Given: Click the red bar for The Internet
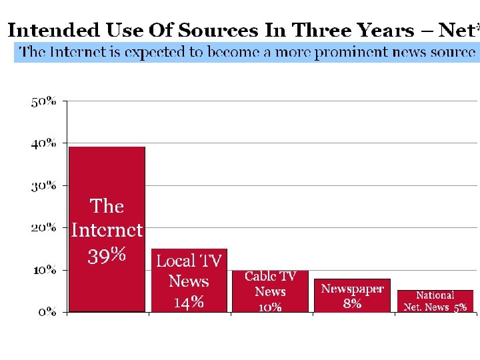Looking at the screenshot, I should pos(107,173).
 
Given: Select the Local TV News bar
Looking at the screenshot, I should pos(189,280).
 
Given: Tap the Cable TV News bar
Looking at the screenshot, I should pos(270,291).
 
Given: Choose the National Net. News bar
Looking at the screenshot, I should pos(435,301).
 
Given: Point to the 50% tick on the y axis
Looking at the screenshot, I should pos(43,101).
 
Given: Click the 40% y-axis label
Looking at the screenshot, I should pos(43,143).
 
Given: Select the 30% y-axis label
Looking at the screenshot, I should pos(43,185).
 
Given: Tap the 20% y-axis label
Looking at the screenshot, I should pos(43,227).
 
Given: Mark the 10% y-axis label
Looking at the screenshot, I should pos(43,270).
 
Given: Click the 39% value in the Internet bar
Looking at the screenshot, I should pos(107,255).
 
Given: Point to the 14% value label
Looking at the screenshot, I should pos(189,303).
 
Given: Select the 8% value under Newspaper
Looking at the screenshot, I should pos(352,303).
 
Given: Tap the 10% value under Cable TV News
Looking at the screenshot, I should pos(270,307).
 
